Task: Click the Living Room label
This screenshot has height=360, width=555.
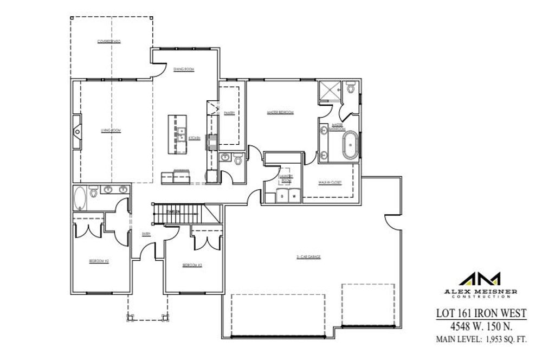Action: tap(111, 131)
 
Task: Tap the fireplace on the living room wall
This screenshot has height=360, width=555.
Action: tap(77, 131)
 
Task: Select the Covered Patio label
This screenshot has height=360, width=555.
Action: tap(109, 41)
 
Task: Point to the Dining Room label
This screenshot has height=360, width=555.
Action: tap(184, 69)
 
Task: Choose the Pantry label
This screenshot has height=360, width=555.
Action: tap(229, 113)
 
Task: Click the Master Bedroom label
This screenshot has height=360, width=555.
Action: tap(280, 113)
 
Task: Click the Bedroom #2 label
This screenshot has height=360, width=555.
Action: tap(100, 261)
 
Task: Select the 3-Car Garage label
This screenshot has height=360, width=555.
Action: tap(308, 257)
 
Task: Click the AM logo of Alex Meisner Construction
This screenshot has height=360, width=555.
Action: tap(480, 279)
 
